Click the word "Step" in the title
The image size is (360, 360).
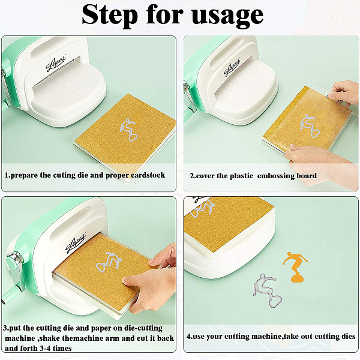[110, 16]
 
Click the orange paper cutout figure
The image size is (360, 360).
[295, 267]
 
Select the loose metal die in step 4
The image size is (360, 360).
[268, 290]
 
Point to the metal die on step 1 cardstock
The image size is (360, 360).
[128, 130]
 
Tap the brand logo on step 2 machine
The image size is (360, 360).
[232, 67]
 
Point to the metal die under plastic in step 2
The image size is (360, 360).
[310, 126]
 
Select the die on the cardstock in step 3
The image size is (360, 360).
[109, 262]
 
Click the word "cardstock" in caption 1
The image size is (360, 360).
[148, 175]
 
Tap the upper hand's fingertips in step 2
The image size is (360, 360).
[332, 95]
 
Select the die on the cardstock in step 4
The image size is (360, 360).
[202, 208]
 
